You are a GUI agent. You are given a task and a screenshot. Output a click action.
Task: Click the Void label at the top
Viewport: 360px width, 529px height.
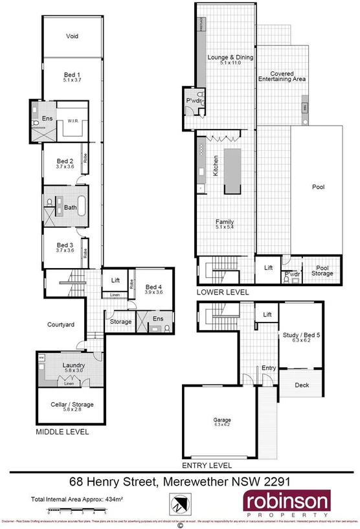point(72,36)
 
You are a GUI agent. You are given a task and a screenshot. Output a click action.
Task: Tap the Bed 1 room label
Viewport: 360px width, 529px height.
point(72,76)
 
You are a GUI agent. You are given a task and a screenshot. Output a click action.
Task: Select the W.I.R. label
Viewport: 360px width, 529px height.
point(72,120)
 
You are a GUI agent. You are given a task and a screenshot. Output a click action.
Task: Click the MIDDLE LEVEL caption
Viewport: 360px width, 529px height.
point(62,431)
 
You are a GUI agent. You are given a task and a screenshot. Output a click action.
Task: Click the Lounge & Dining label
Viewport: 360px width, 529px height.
point(229,58)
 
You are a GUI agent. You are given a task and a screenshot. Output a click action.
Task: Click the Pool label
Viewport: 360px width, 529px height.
point(318,187)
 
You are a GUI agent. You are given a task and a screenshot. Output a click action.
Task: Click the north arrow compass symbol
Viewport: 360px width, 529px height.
point(181,502)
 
